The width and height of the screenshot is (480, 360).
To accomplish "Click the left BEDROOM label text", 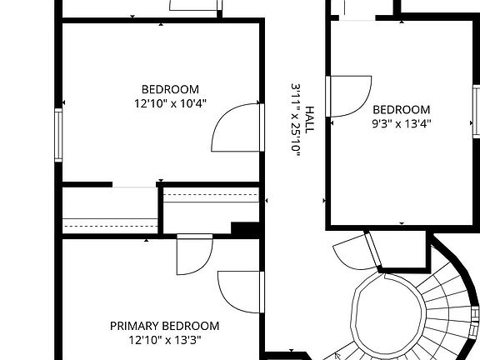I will tap(170, 90).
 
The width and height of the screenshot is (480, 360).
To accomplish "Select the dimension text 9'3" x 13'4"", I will tap(401, 123).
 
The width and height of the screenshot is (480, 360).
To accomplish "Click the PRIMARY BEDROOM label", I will tap(164, 326).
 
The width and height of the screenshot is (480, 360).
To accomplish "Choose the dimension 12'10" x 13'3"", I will tap(164, 339).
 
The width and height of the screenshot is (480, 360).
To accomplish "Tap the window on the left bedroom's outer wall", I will tap(58, 134).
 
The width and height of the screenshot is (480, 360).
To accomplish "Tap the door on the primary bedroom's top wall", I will tap(194, 254).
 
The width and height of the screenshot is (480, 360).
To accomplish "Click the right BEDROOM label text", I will tap(401, 110).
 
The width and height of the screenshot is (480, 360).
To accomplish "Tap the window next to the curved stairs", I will tap(475, 317).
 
